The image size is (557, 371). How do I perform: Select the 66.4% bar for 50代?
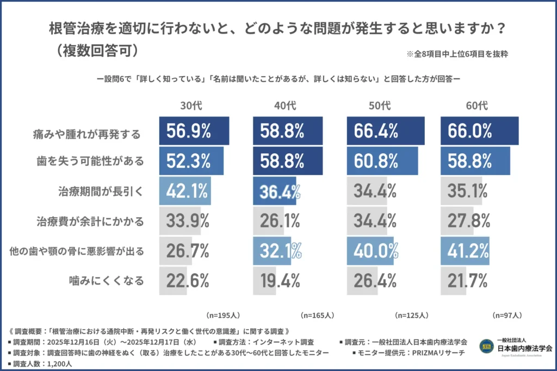click(x=385, y=131)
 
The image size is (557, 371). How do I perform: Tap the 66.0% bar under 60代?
click(x=479, y=131)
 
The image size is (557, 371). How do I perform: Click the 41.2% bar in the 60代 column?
click(x=465, y=251)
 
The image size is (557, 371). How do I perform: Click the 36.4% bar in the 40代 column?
click(x=275, y=191)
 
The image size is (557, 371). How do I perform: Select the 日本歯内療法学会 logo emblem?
click(x=485, y=345)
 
